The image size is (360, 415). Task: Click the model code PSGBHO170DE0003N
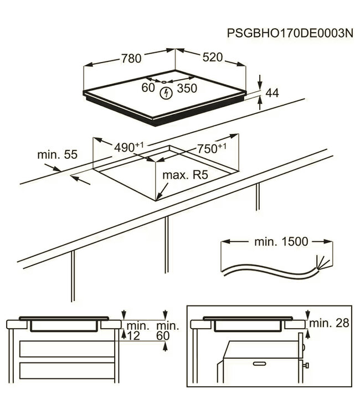coord(290,33)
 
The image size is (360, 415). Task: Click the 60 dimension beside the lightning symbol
coord(148,87)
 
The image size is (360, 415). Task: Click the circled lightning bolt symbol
coord(166,94)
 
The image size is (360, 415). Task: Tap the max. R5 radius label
coord(184,175)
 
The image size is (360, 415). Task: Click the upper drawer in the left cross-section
coord(66,349)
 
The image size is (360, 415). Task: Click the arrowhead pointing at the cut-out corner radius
coord(158,196)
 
